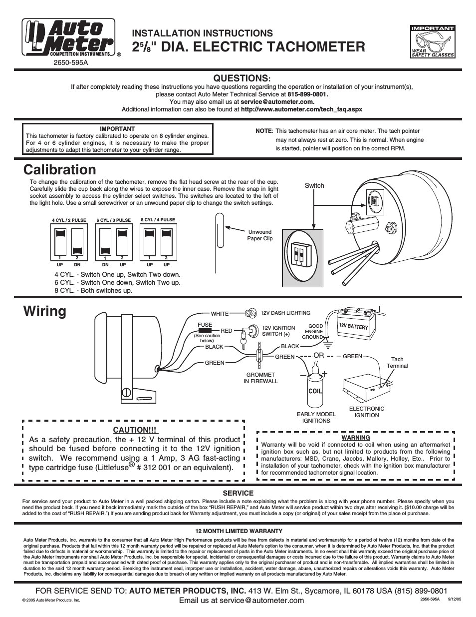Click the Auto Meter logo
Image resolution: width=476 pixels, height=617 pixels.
point(68,37)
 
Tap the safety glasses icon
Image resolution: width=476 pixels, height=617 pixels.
point(432,41)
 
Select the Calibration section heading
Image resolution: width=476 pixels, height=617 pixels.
point(59,169)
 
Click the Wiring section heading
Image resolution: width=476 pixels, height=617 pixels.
point(44,311)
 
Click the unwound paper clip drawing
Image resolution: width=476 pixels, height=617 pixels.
point(220,230)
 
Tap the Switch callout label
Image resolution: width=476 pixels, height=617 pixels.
point(314,185)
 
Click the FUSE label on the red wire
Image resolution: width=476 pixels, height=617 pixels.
point(205,325)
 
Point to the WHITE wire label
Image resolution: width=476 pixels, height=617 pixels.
point(220,314)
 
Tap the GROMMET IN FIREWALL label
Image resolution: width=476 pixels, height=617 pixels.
point(260,378)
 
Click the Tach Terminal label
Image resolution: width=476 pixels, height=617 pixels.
point(397,362)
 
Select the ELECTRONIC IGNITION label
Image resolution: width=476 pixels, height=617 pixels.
point(367,412)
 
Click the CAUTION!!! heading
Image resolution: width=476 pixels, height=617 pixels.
point(134,430)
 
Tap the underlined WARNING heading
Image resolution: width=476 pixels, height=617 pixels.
point(355,437)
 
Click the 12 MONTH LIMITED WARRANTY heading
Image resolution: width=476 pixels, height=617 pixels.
point(238,531)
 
